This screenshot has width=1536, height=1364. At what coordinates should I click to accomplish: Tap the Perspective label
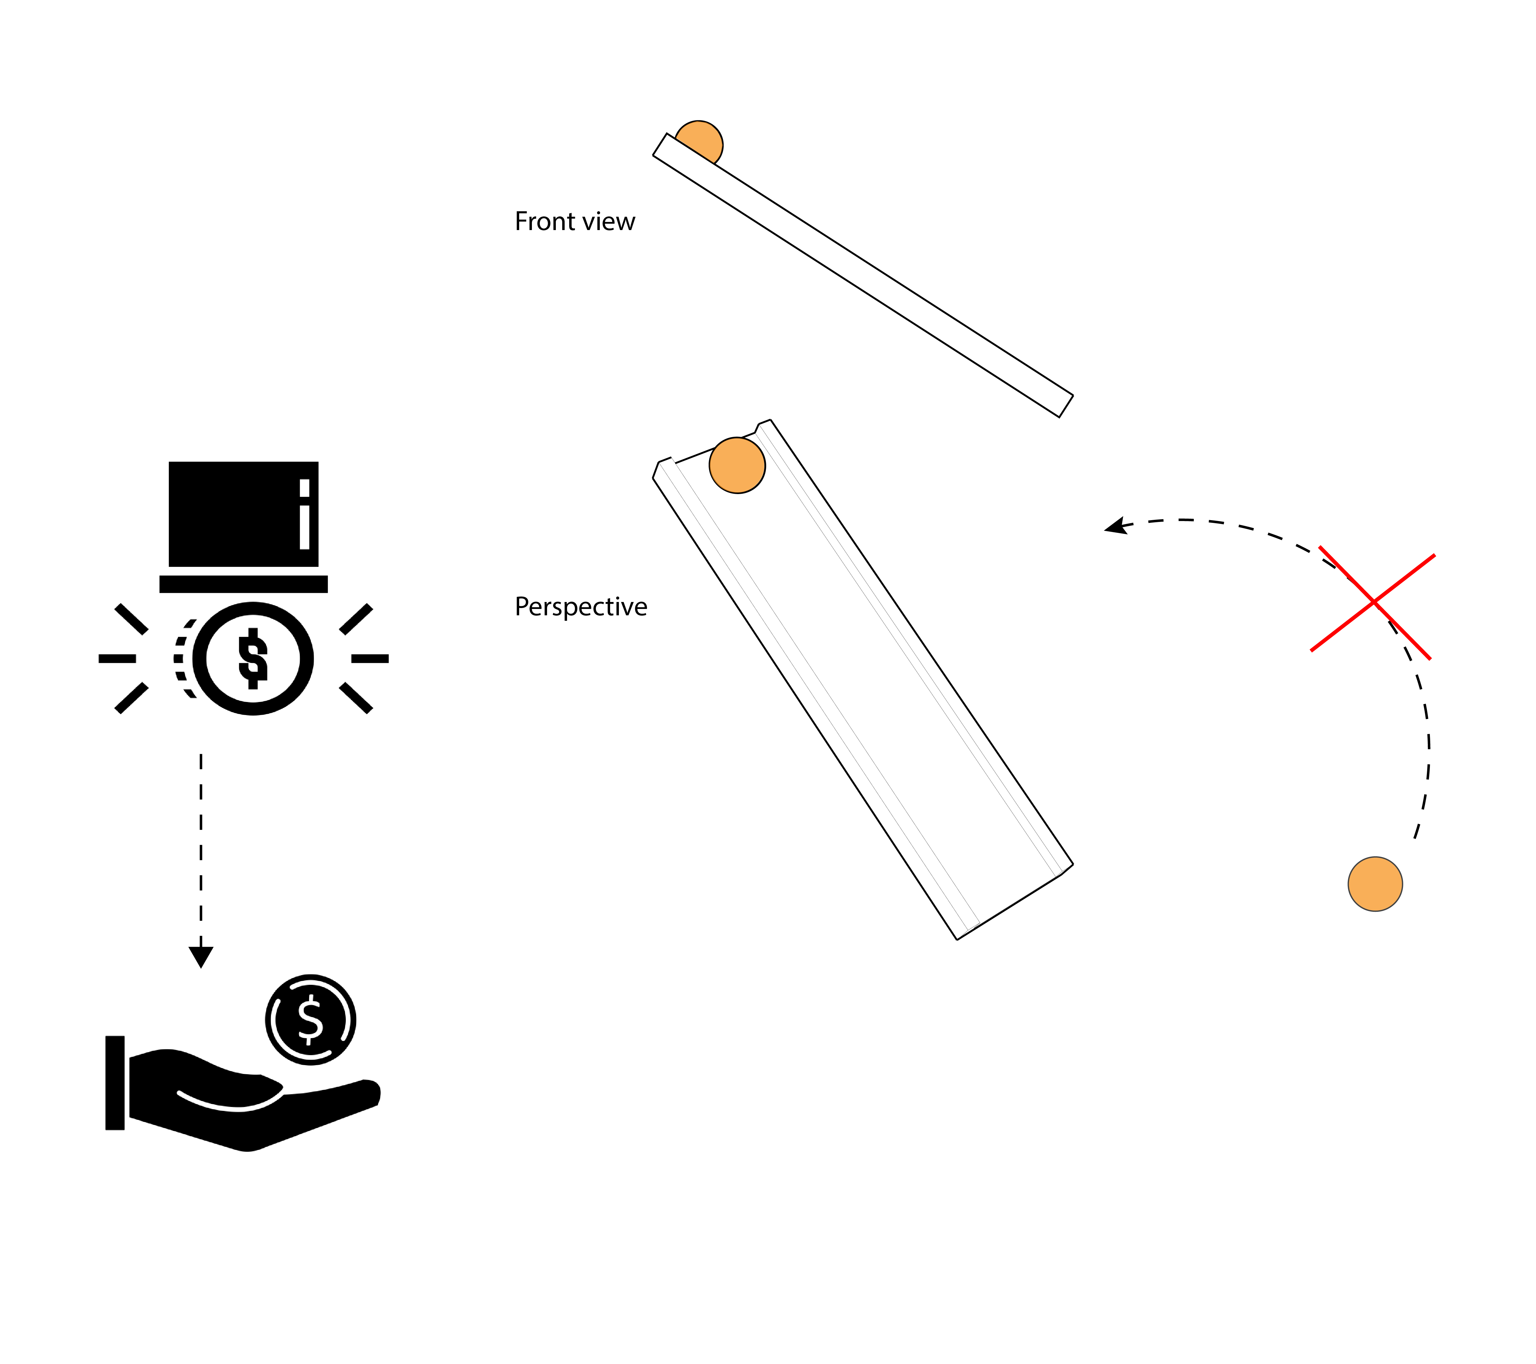tap(580, 607)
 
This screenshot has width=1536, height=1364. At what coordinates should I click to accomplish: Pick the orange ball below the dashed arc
tap(1374, 884)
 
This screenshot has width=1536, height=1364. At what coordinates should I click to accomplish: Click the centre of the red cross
tap(1373, 602)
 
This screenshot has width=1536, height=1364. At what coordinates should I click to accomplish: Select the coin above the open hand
tap(310, 1019)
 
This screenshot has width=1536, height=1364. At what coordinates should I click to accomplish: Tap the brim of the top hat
tap(243, 584)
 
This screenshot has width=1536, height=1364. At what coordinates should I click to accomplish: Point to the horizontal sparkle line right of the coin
tap(370, 658)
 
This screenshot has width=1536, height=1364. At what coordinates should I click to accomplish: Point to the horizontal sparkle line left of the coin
tap(117, 658)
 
